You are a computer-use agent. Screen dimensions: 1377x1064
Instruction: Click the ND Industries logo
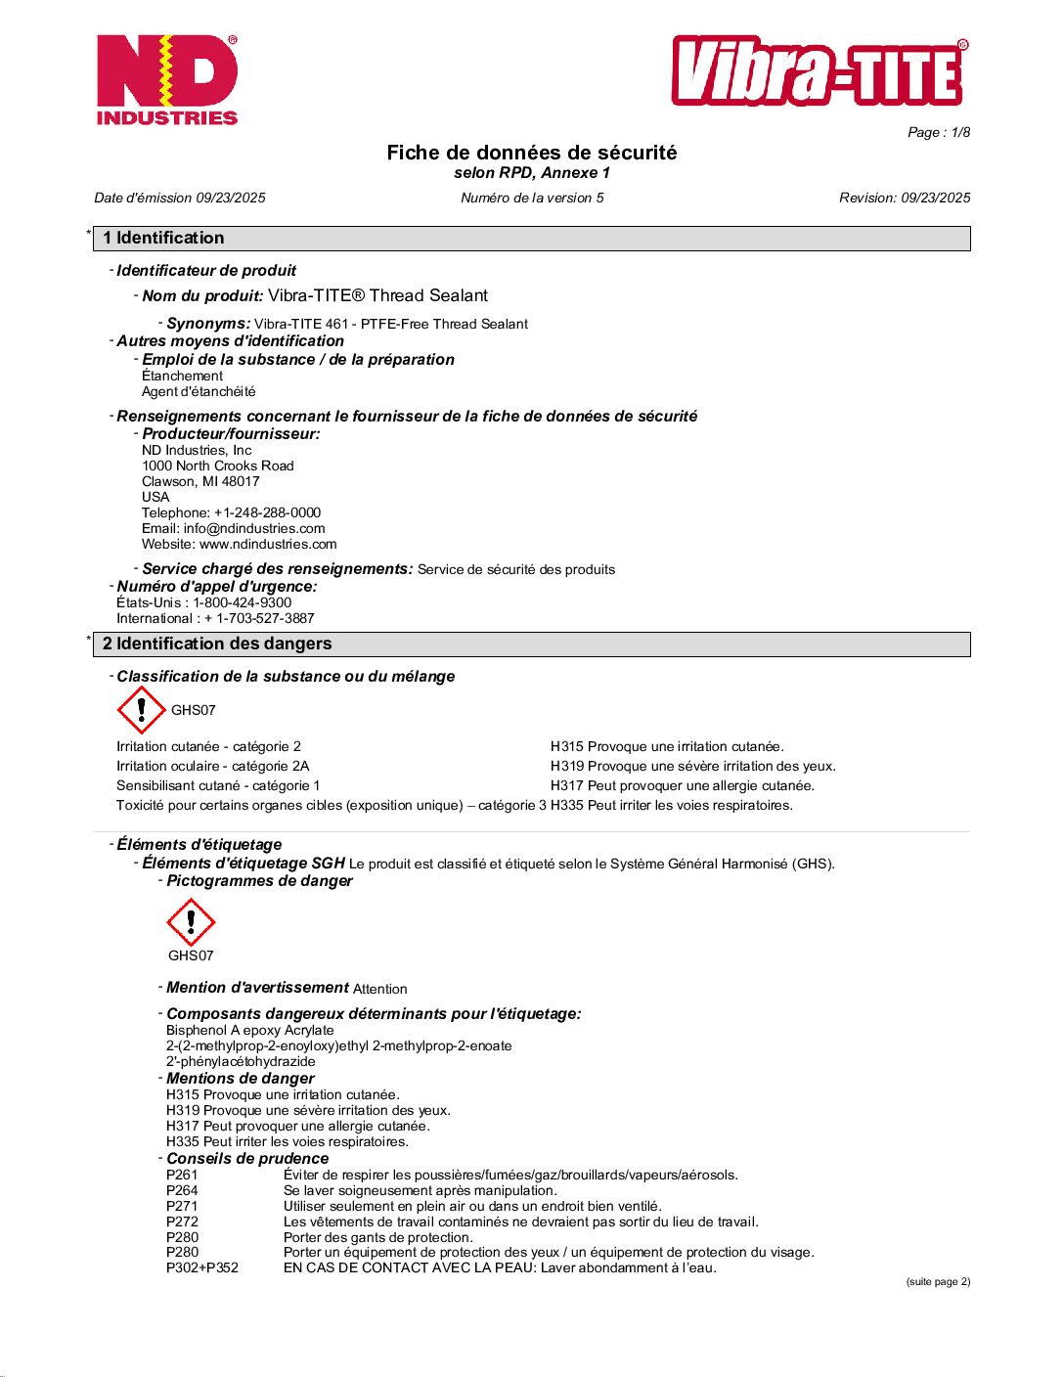point(167,80)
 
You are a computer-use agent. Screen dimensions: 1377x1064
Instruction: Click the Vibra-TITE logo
point(820,71)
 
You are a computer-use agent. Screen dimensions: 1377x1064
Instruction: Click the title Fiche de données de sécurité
point(531,153)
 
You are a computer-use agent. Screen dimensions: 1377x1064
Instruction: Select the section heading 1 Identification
point(163,238)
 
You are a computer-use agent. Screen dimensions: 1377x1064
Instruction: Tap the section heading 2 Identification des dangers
point(217,644)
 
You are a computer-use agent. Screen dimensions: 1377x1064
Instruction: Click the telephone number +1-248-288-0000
point(267,512)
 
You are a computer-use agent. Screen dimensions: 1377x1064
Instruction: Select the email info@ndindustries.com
point(254,528)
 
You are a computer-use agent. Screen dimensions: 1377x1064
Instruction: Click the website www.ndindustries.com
point(268,544)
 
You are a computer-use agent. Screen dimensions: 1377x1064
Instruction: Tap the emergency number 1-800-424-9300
point(242,602)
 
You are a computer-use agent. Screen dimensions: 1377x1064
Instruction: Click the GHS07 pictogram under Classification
point(141,710)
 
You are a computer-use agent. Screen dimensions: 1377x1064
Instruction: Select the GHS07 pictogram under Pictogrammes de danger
point(191,922)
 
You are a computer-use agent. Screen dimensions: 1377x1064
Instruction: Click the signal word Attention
point(380,989)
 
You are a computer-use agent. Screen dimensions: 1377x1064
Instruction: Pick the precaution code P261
point(182,1175)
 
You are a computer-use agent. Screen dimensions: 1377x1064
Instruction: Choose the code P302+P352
point(202,1267)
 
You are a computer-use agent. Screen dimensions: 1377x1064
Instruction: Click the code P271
point(182,1206)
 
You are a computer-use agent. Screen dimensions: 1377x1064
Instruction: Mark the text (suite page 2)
point(938,1281)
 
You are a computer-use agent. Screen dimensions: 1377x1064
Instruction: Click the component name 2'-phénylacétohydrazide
point(241,1061)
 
